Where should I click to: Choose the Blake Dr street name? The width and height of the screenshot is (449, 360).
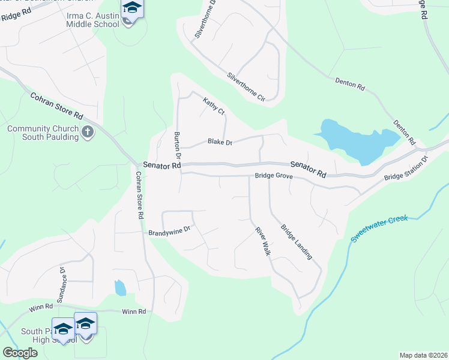[220, 142]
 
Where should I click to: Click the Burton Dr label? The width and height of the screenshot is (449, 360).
[177, 146]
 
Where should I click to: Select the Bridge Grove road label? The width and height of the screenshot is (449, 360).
[273, 176]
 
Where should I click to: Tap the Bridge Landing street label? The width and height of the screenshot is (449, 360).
[297, 242]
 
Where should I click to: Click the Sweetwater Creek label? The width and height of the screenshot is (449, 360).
[379, 229]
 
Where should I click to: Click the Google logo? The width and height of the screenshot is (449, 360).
[20, 353]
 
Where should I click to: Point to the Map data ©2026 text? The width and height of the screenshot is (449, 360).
[423, 355]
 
